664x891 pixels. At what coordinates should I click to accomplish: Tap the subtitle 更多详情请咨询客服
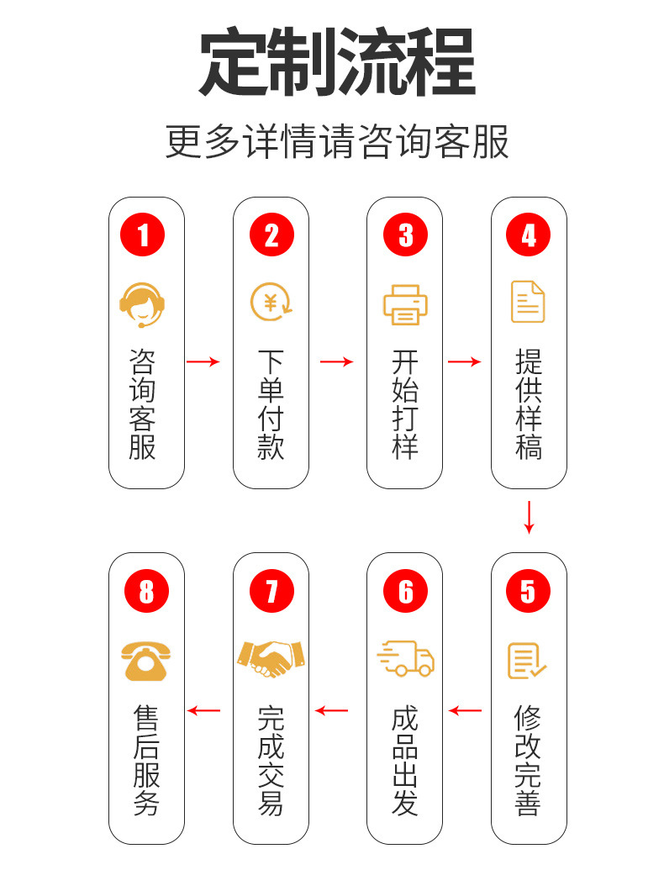point(336,142)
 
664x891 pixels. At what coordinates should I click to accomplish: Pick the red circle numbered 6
point(405,591)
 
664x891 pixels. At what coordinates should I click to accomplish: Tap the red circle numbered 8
point(146,591)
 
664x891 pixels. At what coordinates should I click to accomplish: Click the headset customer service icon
point(143,303)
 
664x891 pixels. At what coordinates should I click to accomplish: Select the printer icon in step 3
point(405,304)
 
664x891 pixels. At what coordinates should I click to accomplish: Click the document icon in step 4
point(529,303)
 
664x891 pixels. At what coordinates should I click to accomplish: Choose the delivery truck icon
point(406,658)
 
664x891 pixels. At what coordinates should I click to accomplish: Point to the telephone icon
point(146,660)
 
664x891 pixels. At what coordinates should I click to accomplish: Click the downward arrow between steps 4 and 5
point(529,517)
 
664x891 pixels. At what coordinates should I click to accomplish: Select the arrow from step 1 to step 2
point(203,361)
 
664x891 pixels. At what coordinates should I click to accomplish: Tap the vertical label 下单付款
point(271,405)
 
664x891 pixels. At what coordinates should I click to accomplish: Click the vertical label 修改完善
point(528,762)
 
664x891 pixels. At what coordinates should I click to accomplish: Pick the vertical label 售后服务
point(146,762)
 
